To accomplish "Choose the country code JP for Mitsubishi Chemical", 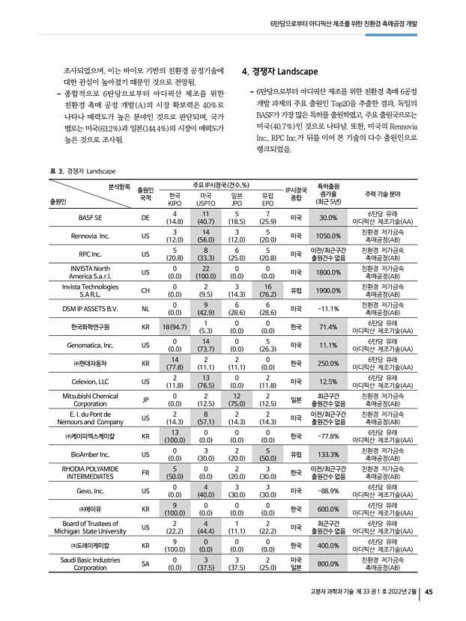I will point(145,399).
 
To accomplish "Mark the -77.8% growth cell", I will point(328,435).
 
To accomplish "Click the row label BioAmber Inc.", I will point(91,453).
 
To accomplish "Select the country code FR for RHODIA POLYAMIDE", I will point(145,471).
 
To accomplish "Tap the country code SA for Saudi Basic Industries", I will point(145,562).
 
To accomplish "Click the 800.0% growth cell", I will point(328,562).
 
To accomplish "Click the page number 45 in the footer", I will point(429,593).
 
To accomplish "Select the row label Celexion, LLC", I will point(91,381).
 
